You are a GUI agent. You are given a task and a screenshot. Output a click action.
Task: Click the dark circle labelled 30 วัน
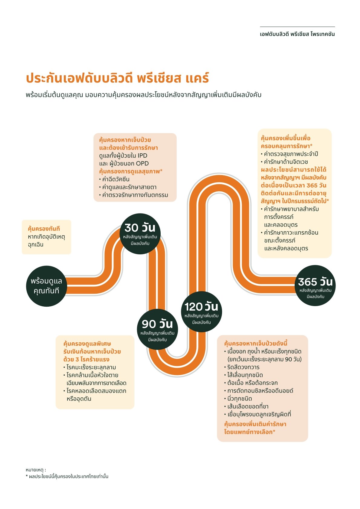[140, 234]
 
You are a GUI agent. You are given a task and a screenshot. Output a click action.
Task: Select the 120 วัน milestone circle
[201, 312]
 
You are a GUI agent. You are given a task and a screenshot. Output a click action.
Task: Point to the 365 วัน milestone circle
[315, 286]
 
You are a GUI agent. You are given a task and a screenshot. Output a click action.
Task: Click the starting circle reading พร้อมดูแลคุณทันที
[46, 286]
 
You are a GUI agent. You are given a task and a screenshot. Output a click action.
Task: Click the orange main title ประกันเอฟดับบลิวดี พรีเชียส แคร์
[117, 78]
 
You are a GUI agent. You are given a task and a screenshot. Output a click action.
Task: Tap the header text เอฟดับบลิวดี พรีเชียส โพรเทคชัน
[297, 34]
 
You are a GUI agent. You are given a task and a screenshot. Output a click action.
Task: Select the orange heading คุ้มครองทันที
[44, 229]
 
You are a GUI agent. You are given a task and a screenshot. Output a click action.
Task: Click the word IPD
[142, 156]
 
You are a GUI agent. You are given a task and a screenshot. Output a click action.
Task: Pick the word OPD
[142, 164]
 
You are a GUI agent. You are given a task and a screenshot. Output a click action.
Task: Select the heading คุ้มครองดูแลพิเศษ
[87, 344]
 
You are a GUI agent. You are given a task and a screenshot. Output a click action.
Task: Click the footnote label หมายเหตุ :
[36, 470]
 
